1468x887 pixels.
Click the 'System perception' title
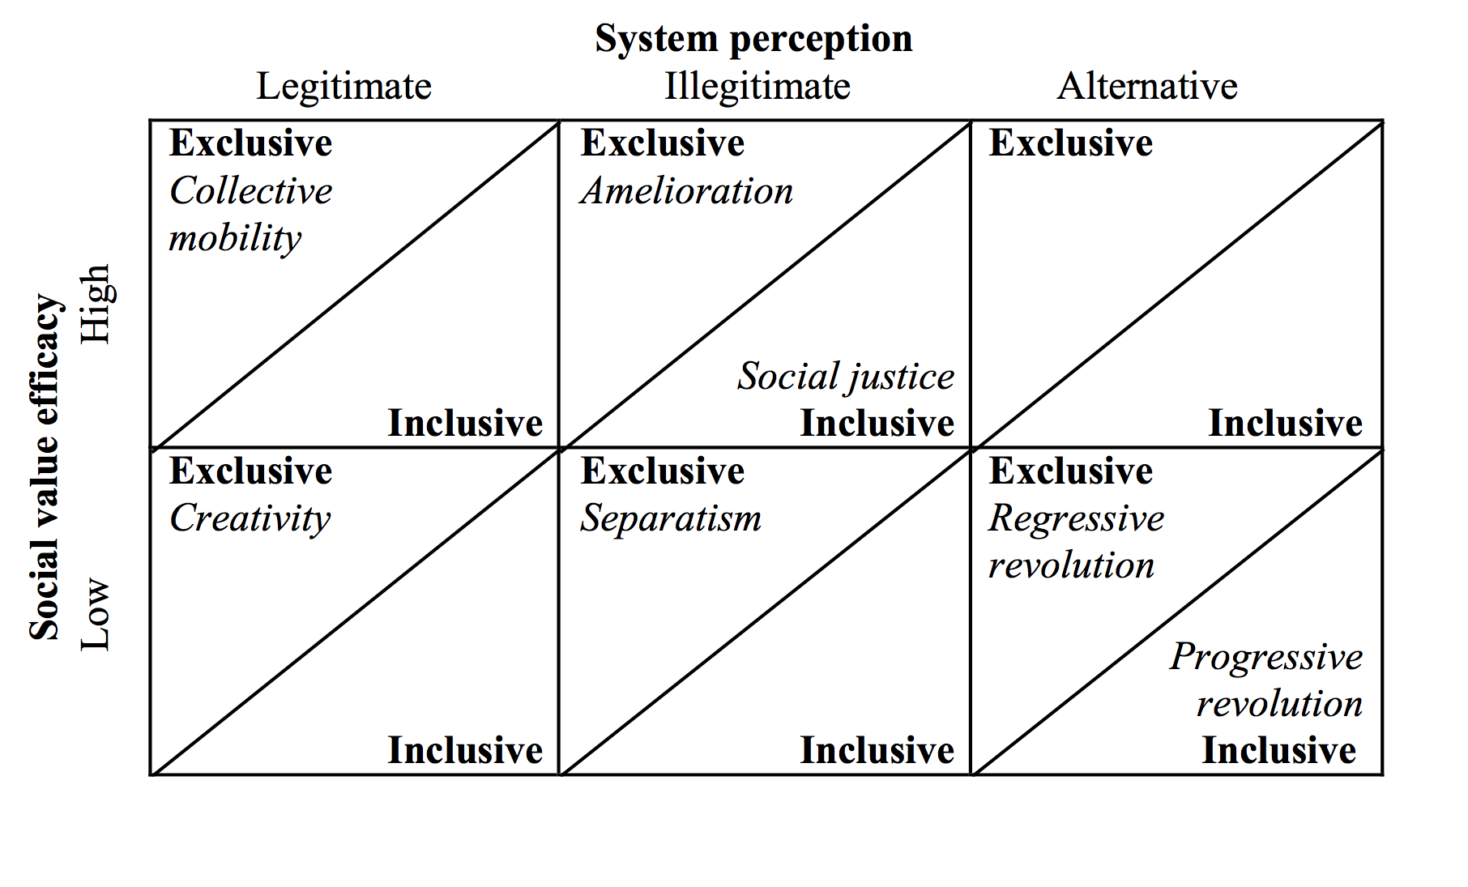[753, 39]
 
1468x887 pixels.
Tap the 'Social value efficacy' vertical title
[45, 467]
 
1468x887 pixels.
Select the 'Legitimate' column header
[344, 87]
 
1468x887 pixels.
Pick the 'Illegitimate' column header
[757, 86]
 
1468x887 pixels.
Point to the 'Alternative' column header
[1148, 86]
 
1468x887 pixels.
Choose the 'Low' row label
[95, 614]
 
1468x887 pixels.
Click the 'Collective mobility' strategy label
[251, 215]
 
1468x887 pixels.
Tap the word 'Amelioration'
[687, 191]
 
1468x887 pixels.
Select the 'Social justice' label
[846, 377]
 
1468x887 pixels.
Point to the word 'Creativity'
[250, 519]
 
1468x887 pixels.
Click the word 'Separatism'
[671, 519]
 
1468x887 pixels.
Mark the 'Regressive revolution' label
[1077, 541]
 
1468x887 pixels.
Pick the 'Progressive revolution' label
[1267, 680]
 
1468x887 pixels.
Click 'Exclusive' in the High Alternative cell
[1071, 143]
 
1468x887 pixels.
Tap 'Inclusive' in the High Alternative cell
[1286, 423]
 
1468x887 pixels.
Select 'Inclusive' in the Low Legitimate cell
[465, 750]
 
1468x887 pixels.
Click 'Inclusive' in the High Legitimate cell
[465, 423]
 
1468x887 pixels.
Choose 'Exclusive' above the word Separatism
[663, 471]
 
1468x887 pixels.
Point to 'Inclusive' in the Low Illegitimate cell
[877, 750]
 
